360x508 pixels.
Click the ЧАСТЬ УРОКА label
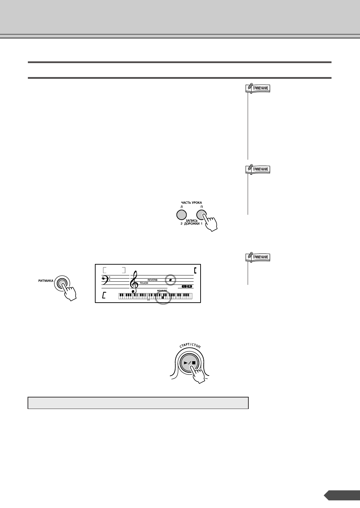tap(191, 203)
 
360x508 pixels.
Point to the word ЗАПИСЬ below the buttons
tap(191, 221)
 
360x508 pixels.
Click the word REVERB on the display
tap(152, 280)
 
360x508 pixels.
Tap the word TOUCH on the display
tap(144, 283)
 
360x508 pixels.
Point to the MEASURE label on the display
tap(162, 290)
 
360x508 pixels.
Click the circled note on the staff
tap(171, 280)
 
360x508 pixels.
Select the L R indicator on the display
tap(187, 286)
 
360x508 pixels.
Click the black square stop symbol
tap(194, 363)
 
